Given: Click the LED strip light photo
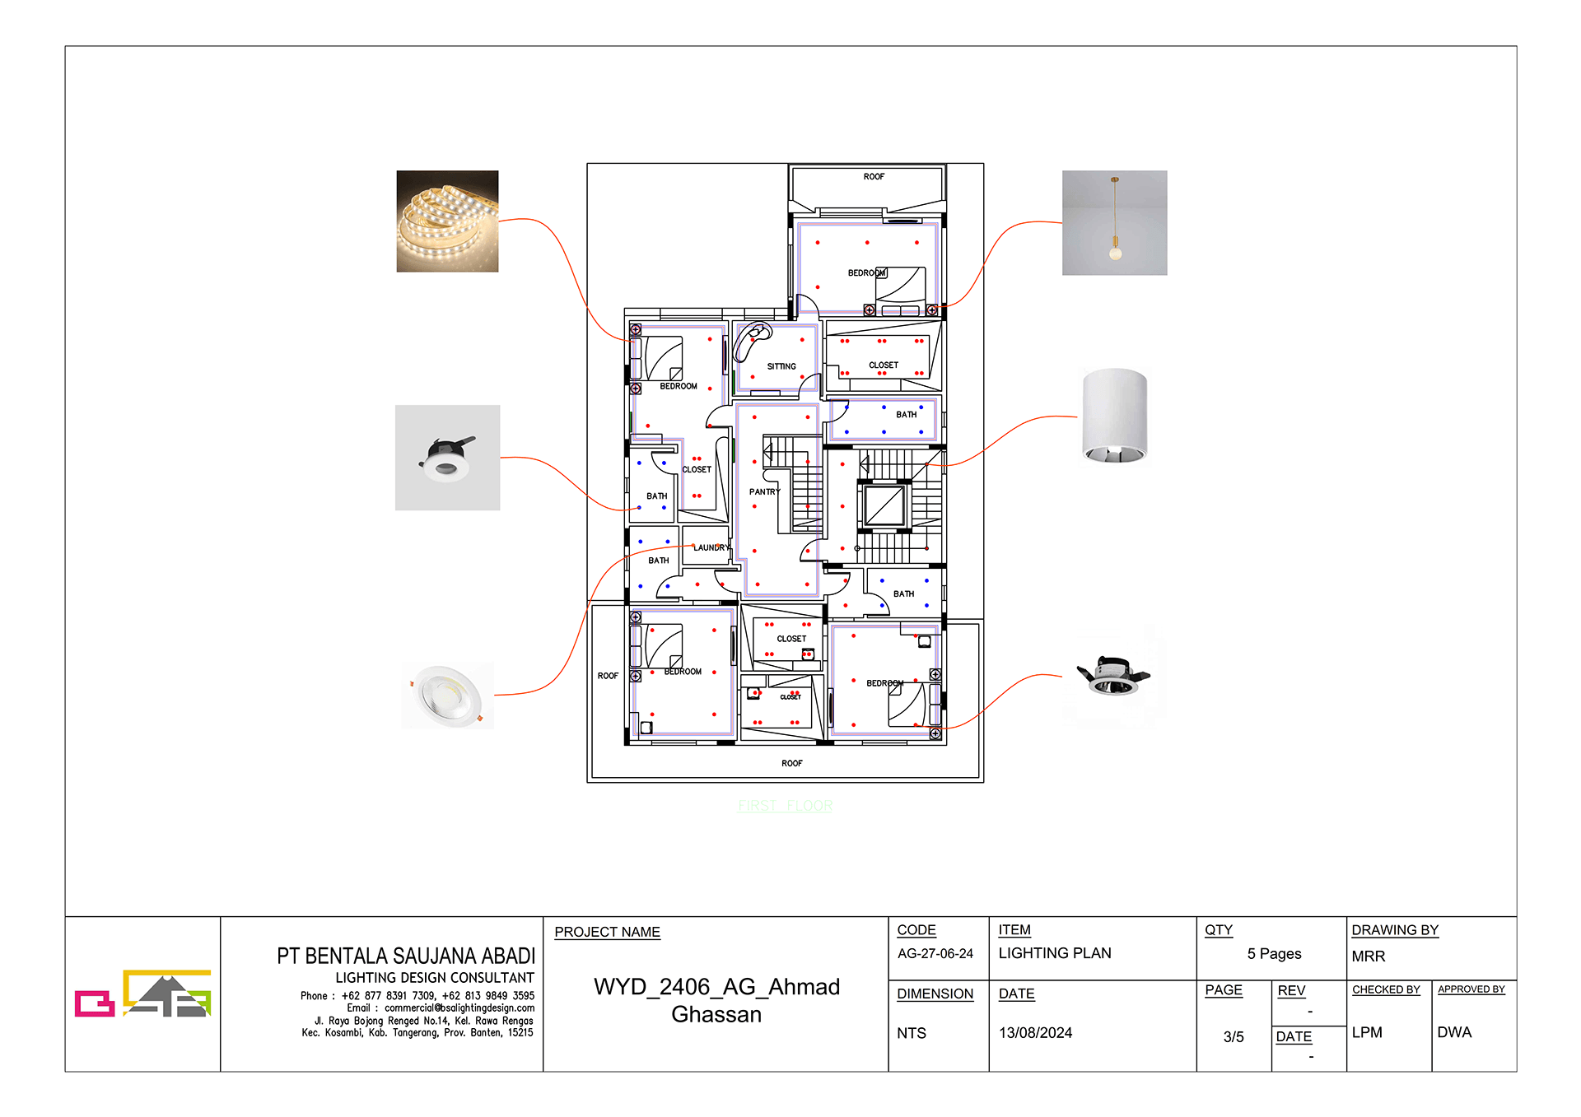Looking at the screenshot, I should click(447, 221).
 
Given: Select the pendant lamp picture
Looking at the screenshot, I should click(1114, 222).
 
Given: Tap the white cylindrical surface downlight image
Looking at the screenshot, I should click(1114, 417).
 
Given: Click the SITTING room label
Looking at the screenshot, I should click(781, 366).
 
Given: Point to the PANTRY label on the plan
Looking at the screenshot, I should click(764, 491).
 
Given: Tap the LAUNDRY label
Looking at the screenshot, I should click(711, 547).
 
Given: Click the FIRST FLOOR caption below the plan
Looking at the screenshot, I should click(785, 806).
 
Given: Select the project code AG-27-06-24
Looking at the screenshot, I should click(935, 953).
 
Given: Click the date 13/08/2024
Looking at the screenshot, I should click(1035, 1033).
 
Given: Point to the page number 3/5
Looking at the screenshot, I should click(1233, 1037).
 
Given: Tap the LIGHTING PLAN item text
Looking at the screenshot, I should click(1054, 953).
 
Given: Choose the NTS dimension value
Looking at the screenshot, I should click(911, 1033).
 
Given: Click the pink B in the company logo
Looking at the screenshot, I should click(94, 1003).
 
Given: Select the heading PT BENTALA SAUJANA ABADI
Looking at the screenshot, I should click(405, 956).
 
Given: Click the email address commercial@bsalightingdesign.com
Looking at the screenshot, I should click(459, 1008).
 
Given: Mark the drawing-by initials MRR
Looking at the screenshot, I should click(1368, 956).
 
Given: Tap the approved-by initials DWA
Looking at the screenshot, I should click(1453, 1032).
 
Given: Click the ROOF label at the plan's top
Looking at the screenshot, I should click(874, 177).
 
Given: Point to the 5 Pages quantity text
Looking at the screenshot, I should click(1274, 954).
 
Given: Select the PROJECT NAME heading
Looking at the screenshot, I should click(607, 932).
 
